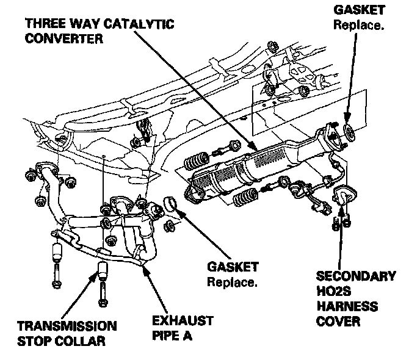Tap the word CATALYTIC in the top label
click(145, 24)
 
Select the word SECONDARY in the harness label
click(355, 277)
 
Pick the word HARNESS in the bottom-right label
click(347, 306)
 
